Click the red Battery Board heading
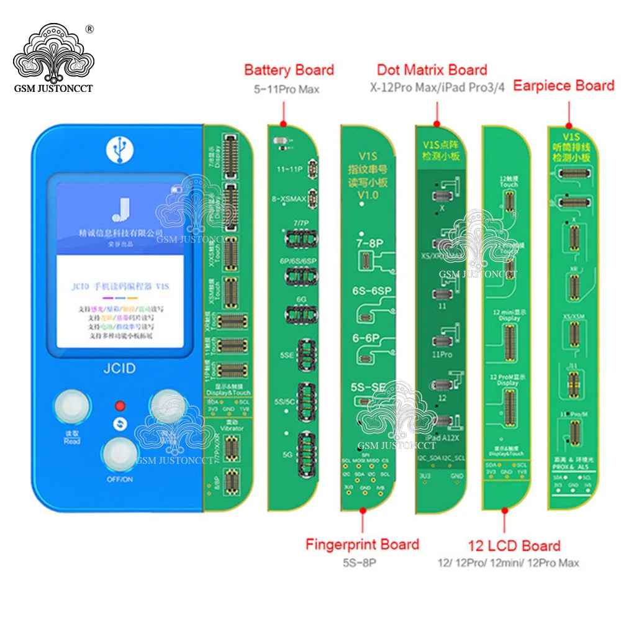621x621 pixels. pyautogui.click(x=289, y=70)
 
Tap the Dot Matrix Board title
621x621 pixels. pyautogui.click(x=432, y=70)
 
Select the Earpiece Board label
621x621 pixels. pyautogui.click(x=563, y=86)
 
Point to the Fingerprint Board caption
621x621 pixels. pyautogui.click(x=362, y=545)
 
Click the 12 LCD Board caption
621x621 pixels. pyautogui.click(x=514, y=546)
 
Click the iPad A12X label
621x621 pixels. pyautogui.click(x=443, y=439)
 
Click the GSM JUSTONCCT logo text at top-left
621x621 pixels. pyautogui.click(x=53, y=88)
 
